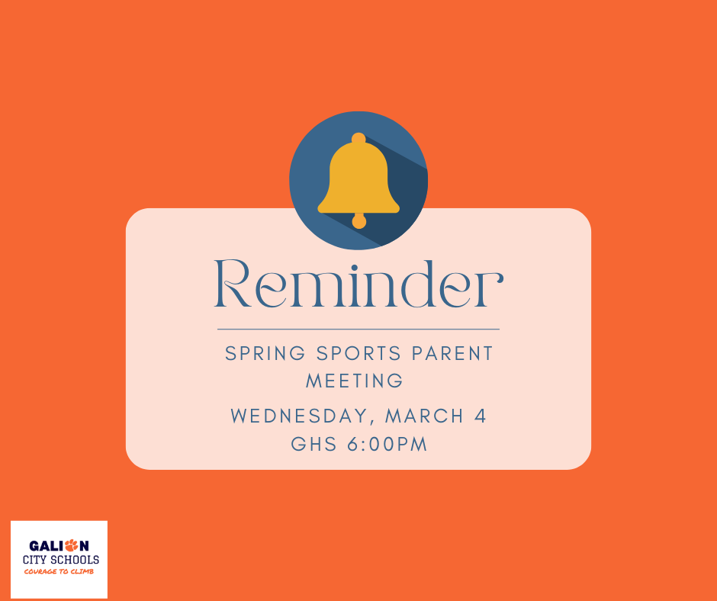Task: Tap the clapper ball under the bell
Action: pos(358,221)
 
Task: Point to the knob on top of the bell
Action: pos(358,139)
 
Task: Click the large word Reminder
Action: pos(358,284)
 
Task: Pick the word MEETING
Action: pos(355,380)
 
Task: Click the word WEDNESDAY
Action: pos(302,416)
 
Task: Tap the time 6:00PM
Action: pos(387,444)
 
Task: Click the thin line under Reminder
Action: pos(358,329)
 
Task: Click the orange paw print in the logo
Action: pos(72,545)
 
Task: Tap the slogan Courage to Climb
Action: pos(59,571)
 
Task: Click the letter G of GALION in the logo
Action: pos(34,546)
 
